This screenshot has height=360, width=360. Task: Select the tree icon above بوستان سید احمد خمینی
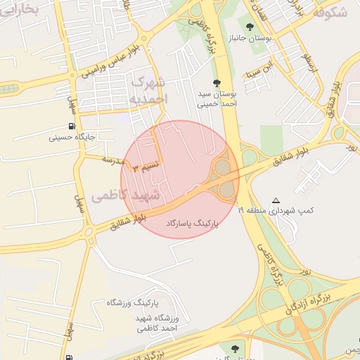[x=217, y=82]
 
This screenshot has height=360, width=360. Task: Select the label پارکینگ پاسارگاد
[x=192, y=223]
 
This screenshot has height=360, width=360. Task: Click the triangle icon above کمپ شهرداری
[x=276, y=200]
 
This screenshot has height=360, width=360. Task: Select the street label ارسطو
[x=307, y=63]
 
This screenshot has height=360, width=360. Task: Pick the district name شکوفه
[x=329, y=12]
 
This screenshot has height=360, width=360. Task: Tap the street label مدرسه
[x=113, y=160]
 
